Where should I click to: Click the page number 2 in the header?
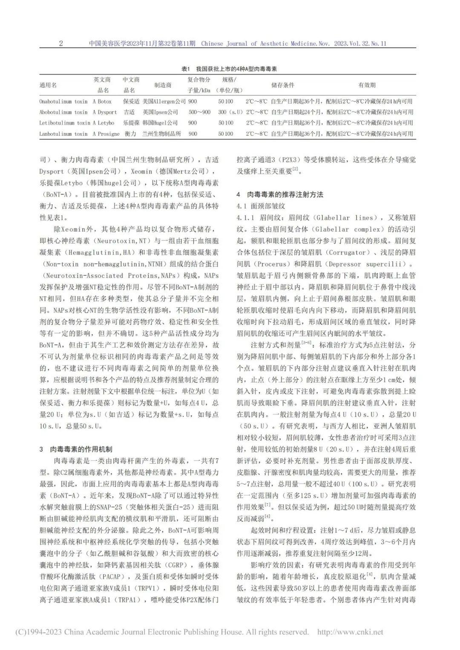click(x=61, y=43)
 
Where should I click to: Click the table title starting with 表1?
click(x=230, y=69)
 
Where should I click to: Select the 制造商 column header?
click(x=163, y=85)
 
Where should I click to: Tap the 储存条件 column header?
click(x=283, y=85)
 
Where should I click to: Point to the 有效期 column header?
click(x=367, y=85)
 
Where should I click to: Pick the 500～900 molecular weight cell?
click(x=199, y=112)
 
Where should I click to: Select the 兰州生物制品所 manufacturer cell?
click(x=161, y=134)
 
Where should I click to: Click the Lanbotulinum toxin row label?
click(x=63, y=134)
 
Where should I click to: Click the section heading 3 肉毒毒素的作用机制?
click(x=76, y=450)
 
